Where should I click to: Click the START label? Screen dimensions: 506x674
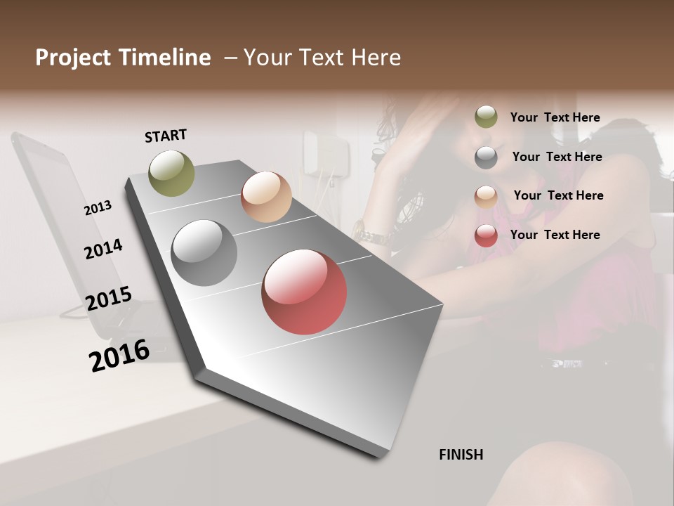tap(166, 136)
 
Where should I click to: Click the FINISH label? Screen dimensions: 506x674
tap(461, 455)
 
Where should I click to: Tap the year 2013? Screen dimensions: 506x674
tap(98, 207)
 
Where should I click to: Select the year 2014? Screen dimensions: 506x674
tap(103, 249)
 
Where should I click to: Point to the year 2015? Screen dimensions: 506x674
tap(109, 299)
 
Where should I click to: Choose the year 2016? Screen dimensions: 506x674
tap(119, 355)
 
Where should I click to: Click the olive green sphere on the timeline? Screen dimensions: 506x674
tap(172, 173)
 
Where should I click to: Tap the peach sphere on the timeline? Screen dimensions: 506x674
tap(266, 197)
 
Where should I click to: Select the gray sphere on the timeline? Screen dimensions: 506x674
tap(204, 253)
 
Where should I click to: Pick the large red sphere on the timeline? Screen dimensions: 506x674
tap(304, 292)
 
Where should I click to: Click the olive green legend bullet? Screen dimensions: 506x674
tap(486, 117)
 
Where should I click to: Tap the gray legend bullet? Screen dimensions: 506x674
tap(486, 157)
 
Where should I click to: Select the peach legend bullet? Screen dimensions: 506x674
tap(486, 196)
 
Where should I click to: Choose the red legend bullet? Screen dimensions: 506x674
tap(486, 235)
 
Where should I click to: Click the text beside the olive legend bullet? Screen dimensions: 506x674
tap(555, 117)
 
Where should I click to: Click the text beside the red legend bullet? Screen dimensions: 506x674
tap(555, 235)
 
